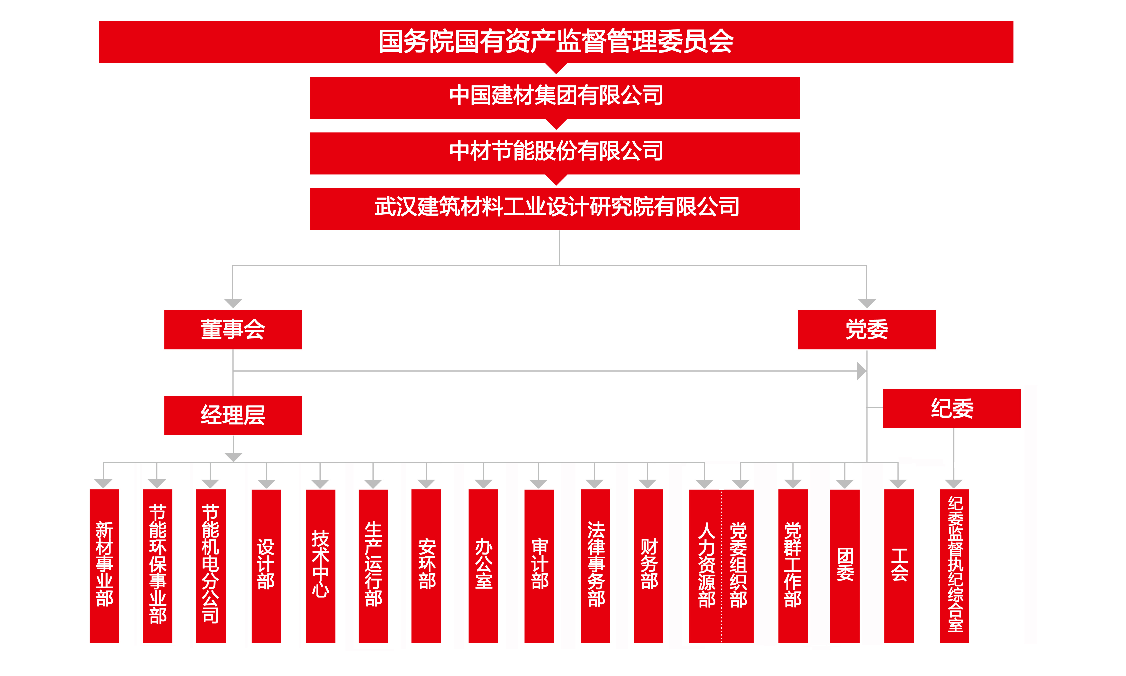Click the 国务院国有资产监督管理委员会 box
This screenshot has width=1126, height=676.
556,42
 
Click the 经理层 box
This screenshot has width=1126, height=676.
233,415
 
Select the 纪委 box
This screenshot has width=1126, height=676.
952,409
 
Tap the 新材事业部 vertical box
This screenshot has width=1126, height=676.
104,566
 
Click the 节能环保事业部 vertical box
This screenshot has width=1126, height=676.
158,566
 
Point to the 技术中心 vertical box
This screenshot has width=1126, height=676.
321,566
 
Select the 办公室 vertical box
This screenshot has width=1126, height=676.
483,566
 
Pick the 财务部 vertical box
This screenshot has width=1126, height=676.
649,566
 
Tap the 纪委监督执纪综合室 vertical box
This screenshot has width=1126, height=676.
955,566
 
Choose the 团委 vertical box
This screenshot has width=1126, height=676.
845,566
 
